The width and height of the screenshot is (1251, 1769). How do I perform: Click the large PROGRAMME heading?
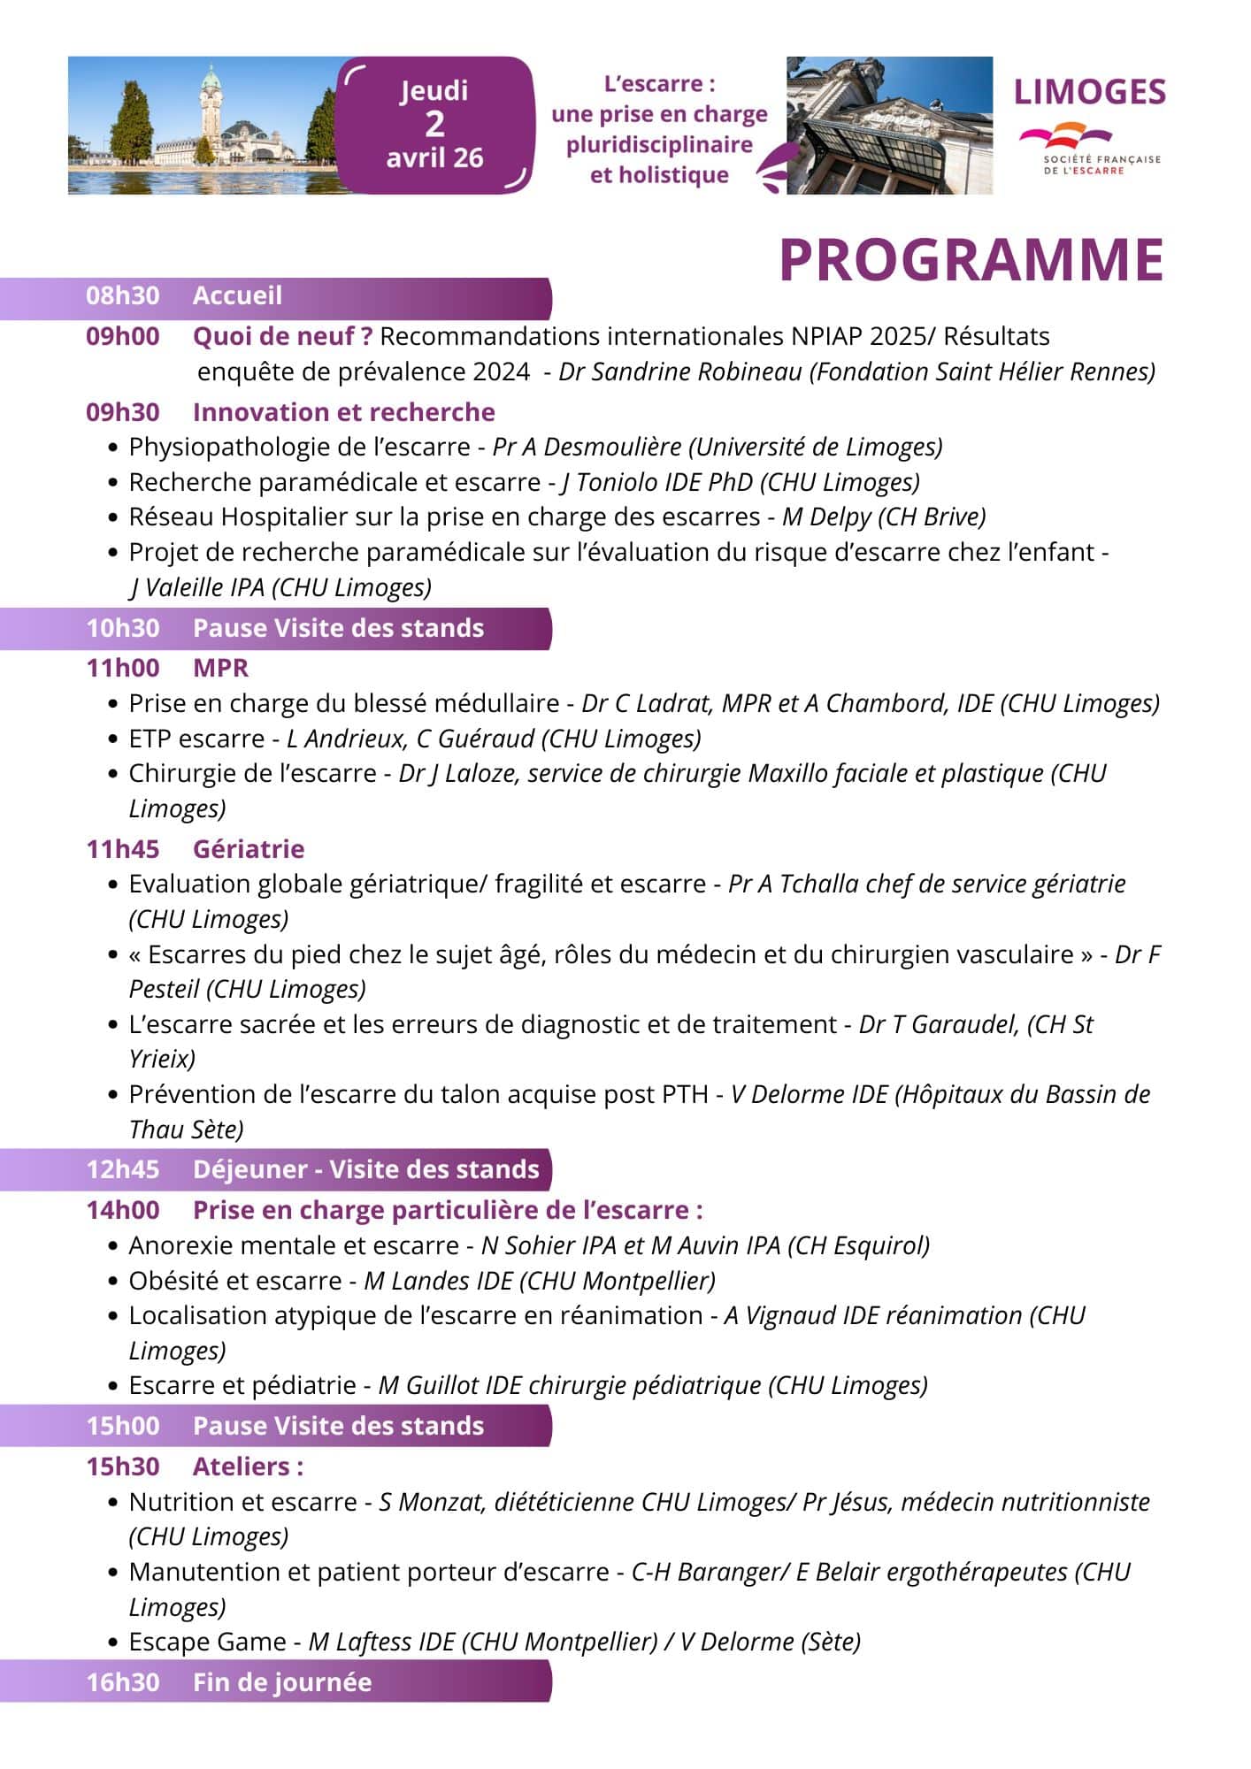coord(971,259)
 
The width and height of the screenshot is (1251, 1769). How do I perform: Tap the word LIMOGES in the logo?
coord(1089,92)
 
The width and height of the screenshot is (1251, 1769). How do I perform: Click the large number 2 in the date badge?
coord(434,124)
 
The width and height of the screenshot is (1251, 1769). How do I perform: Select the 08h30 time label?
coord(122,295)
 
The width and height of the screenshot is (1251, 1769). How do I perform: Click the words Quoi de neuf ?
coord(282,336)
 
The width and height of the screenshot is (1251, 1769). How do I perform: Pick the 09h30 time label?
coord(122,412)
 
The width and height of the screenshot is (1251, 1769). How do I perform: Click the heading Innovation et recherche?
coord(343,412)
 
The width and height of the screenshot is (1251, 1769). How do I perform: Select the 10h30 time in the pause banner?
coord(122,628)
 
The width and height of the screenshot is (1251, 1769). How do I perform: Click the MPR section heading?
coord(220,668)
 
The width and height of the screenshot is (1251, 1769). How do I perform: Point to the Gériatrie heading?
coord(248,849)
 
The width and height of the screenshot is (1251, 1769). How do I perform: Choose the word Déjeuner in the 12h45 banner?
coord(249,1169)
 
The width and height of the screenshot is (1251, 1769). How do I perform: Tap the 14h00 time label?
coord(122,1210)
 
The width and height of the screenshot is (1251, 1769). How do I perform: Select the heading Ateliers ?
coord(248,1467)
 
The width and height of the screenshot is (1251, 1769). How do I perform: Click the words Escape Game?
coord(207,1642)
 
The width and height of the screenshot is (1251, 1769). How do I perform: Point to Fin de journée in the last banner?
coord(281,1682)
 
